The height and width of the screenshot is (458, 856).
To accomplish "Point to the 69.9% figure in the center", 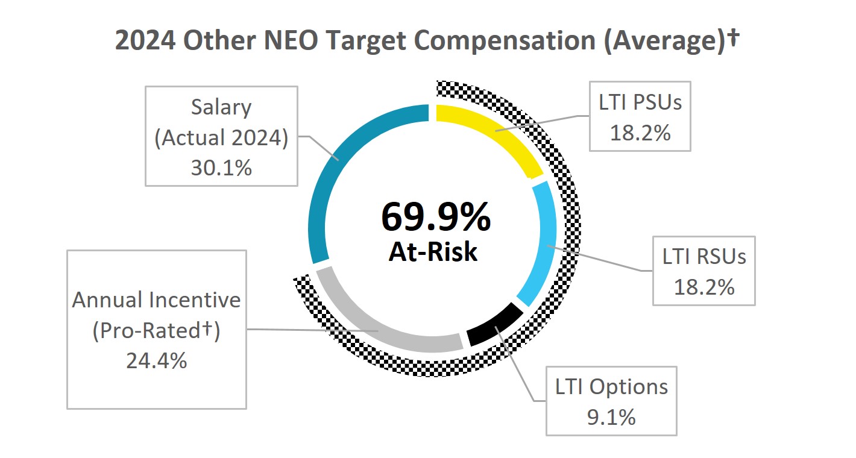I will pyautogui.click(x=435, y=218).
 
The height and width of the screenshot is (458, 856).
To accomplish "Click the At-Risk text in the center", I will pyautogui.click(x=433, y=252).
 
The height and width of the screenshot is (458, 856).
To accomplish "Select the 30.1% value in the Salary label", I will pyautogui.click(x=221, y=168).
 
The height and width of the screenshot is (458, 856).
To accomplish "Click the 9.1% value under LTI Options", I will pyautogui.click(x=611, y=417).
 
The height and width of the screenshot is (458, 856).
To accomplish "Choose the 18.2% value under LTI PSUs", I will pyautogui.click(x=640, y=133).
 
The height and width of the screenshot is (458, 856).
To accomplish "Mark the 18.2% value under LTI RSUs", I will pyautogui.click(x=704, y=287).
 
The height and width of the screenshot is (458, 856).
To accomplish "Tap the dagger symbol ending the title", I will pyautogui.click(x=734, y=38).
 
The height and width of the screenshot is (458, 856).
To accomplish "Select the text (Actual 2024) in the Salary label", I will pyautogui.click(x=221, y=138).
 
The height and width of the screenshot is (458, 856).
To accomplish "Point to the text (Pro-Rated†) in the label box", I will pyautogui.click(x=156, y=330).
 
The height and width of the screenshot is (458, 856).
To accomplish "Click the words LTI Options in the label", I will pyautogui.click(x=611, y=387).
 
